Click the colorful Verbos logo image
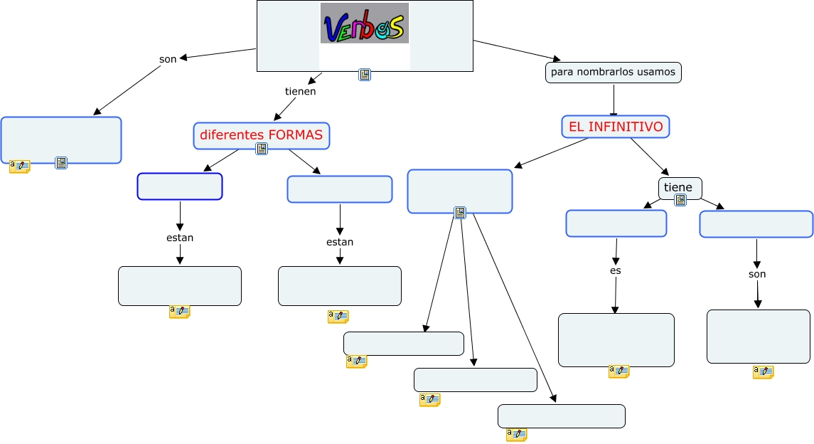(x=364, y=23)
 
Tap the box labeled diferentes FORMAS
(x=262, y=134)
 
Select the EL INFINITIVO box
(x=616, y=127)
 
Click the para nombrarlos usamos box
(x=613, y=73)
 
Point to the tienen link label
(x=300, y=91)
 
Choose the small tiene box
(x=679, y=187)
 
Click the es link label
(x=616, y=271)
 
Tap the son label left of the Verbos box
(x=168, y=59)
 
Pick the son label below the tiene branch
(x=757, y=274)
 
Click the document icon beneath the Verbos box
(x=365, y=75)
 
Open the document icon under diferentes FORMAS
(x=262, y=149)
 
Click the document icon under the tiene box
(x=680, y=200)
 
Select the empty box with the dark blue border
(x=180, y=186)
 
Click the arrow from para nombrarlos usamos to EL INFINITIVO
(x=613, y=100)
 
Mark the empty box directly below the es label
(x=616, y=339)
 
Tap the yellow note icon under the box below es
(x=618, y=371)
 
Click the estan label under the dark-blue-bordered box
(x=180, y=238)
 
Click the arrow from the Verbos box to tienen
(x=315, y=78)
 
